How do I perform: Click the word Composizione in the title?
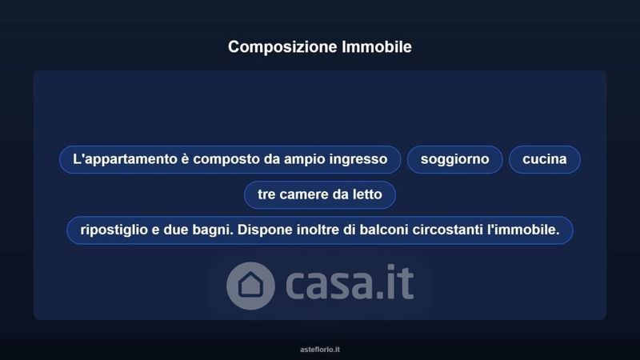pyautogui.click(x=282, y=47)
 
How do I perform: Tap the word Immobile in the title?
pyautogui.click(x=377, y=46)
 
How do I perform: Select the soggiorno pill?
pyautogui.click(x=454, y=159)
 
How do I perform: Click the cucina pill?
pyautogui.click(x=545, y=159)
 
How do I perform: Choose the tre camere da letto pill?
pyautogui.click(x=319, y=194)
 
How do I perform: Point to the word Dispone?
pyautogui.click(x=265, y=230)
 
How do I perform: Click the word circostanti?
pyautogui.click(x=448, y=230)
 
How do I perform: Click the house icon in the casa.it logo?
pyautogui.click(x=250, y=286)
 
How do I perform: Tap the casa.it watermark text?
pyautogui.click(x=350, y=282)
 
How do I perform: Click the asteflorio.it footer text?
pyautogui.click(x=320, y=350)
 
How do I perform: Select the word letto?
pyautogui.click(x=368, y=194)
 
